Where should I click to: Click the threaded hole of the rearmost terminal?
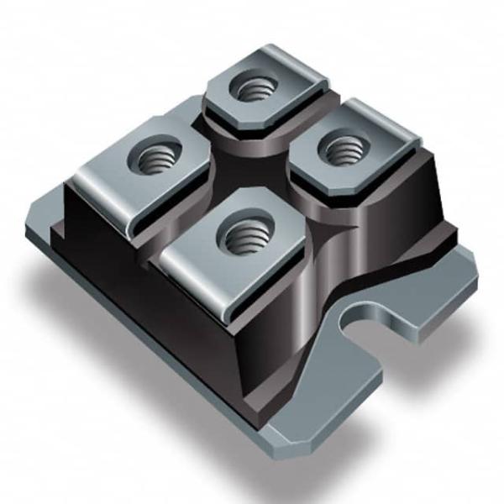[x=253, y=87]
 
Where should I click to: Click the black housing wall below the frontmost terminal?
[x=269, y=336]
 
